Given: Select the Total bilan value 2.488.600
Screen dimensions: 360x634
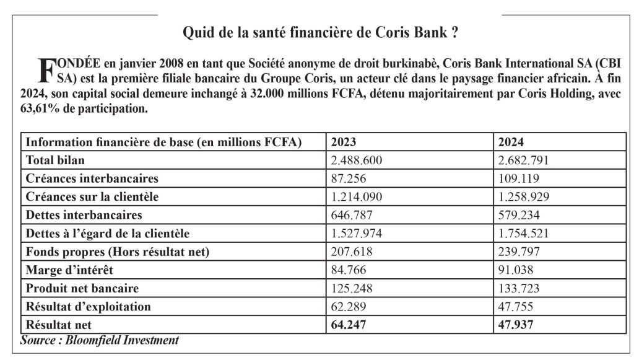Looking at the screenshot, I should (357, 160).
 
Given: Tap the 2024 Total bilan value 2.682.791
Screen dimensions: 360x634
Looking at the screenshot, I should (523, 160).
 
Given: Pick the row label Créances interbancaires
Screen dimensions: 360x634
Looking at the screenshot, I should (92, 178).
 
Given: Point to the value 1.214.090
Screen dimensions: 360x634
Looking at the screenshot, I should (357, 197).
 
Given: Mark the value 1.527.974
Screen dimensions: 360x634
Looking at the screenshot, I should (357, 234).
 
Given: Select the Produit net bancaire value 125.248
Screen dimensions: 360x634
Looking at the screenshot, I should (352, 288).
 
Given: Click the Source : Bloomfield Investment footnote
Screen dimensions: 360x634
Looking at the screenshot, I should (100, 340).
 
